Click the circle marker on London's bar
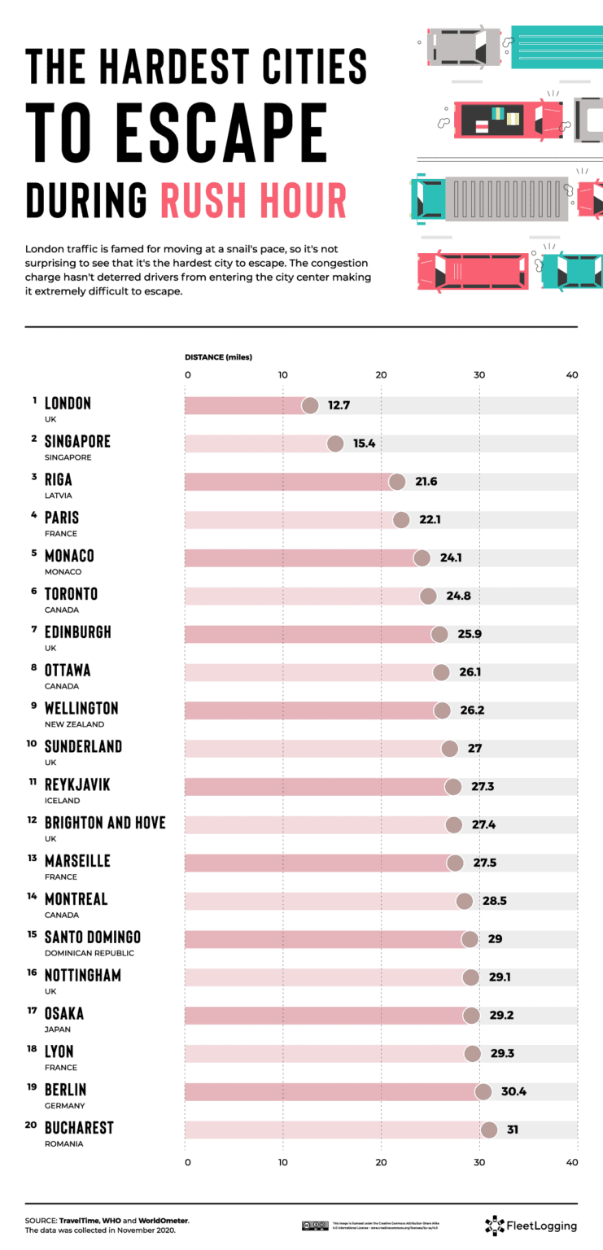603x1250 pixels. [310, 405]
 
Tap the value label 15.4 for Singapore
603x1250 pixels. [364, 444]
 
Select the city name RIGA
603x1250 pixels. [59, 479]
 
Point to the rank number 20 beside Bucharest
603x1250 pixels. [33, 1124]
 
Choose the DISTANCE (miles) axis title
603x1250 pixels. [218, 357]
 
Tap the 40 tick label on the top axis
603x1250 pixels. [572, 374]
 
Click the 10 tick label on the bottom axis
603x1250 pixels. [283, 1161]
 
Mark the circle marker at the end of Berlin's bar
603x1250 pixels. [483, 1091]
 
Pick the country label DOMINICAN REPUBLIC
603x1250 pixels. [90, 953]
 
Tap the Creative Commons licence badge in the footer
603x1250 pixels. [314, 1225]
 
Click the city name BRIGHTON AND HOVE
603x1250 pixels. [105, 823]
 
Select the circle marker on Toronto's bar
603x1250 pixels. [428, 596]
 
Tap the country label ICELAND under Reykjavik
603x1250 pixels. [61, 801]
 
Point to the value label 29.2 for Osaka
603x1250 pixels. [501, 1016]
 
